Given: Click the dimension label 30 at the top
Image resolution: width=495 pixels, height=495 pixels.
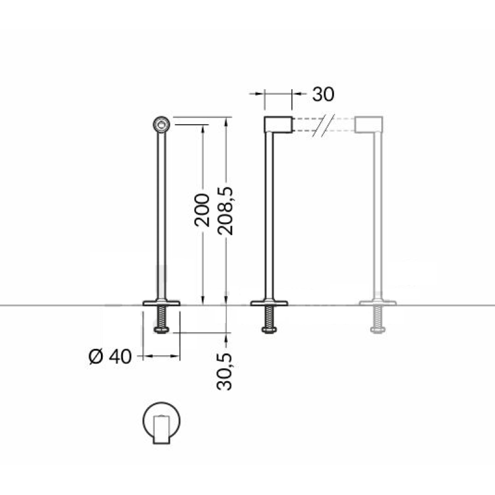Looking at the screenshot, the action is click(x=323, y=94).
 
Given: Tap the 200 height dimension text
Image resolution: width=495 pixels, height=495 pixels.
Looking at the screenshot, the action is click(x=202, y=210).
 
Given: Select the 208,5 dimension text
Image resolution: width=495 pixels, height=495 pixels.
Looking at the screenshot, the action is click(x=225, y=211).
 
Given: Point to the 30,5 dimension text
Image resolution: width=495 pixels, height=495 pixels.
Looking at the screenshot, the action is click(x=225, y=372).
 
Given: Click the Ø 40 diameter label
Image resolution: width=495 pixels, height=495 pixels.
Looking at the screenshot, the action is click(x=110, y=357).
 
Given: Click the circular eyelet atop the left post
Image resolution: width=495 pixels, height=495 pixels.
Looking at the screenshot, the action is click(x=161, y=125).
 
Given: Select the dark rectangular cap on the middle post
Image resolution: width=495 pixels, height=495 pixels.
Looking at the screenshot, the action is click(x=278, y=124).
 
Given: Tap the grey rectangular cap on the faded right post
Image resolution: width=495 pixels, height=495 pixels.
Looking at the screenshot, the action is click(x=369, y=124).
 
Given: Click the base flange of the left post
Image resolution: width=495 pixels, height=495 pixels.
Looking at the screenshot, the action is click(x=161, y=303).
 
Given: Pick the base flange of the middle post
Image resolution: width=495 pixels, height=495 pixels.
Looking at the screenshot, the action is click(x=269, y=303).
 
